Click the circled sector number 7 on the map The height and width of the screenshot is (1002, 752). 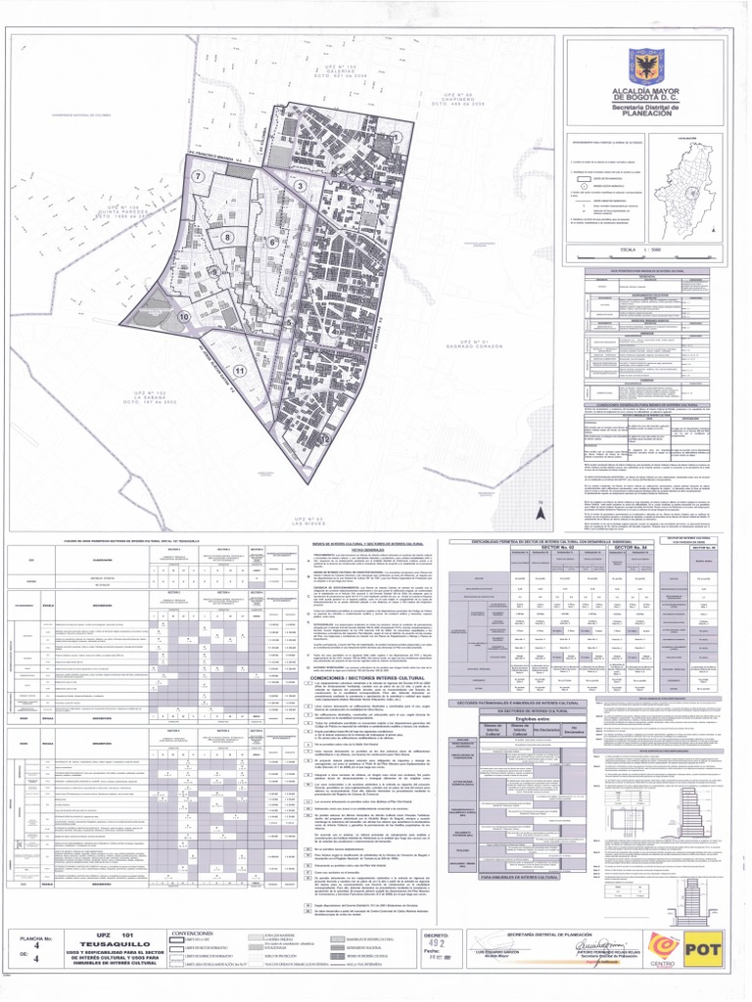click(x=198, y=176)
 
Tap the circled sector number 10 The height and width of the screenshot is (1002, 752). click(x=183, y=317)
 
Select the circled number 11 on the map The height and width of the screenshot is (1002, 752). click(x=239, y=371)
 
